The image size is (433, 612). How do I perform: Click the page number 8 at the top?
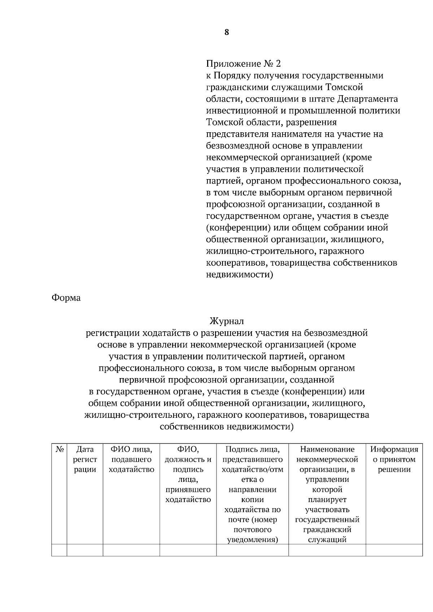pos(226,32)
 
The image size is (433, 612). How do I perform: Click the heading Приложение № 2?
pos(243,64)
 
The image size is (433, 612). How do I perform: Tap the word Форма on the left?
pos(66,298)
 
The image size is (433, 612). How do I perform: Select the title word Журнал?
pos(227,321)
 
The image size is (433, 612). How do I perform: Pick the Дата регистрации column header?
pos(85,460)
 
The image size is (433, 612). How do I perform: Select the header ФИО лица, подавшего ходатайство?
pos(131,460)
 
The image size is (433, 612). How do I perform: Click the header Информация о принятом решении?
pos(394,460)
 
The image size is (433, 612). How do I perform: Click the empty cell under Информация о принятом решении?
pos(394,550)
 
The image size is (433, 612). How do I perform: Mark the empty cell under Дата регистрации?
pos(85,550)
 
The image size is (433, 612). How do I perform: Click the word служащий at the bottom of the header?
pos(327,540)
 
